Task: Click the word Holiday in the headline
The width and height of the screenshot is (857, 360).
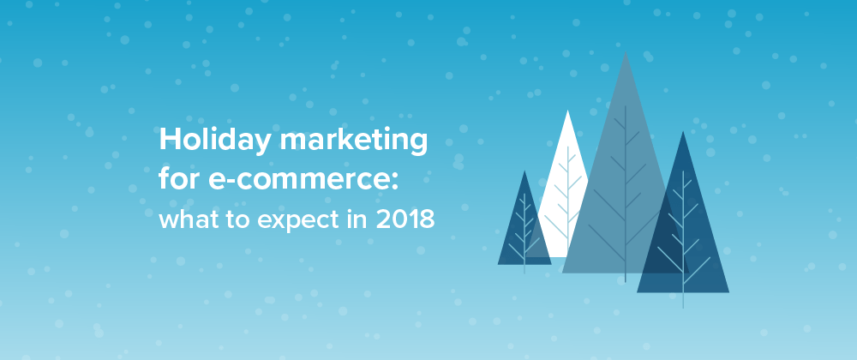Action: pyautogui.click(x=215, y=141)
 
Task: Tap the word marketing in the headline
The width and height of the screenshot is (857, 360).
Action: pyautogui.click(x=353, y=141)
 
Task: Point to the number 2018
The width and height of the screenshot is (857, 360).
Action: pyautogui.click(x=405, y=219)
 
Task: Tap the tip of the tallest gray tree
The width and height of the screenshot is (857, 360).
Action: pyautogui.click(x=626, y=52)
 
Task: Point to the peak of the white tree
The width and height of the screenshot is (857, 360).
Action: pyautogui.click(x=568, y=111)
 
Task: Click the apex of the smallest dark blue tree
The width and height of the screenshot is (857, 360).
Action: pyautogui.click(x=524, y=171)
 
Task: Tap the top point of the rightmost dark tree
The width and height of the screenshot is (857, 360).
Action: pyautogui.click(x=683, y=132)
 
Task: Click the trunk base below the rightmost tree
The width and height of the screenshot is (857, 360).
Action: pyautogui.click(x=683, y=307)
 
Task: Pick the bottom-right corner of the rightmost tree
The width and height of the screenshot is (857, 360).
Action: pyautogui.click(x=729, y=292)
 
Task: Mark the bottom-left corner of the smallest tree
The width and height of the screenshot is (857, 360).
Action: pyautogui.click(x=498, y=264)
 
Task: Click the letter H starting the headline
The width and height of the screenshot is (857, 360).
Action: pyautogui.click(x=169, y=140)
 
